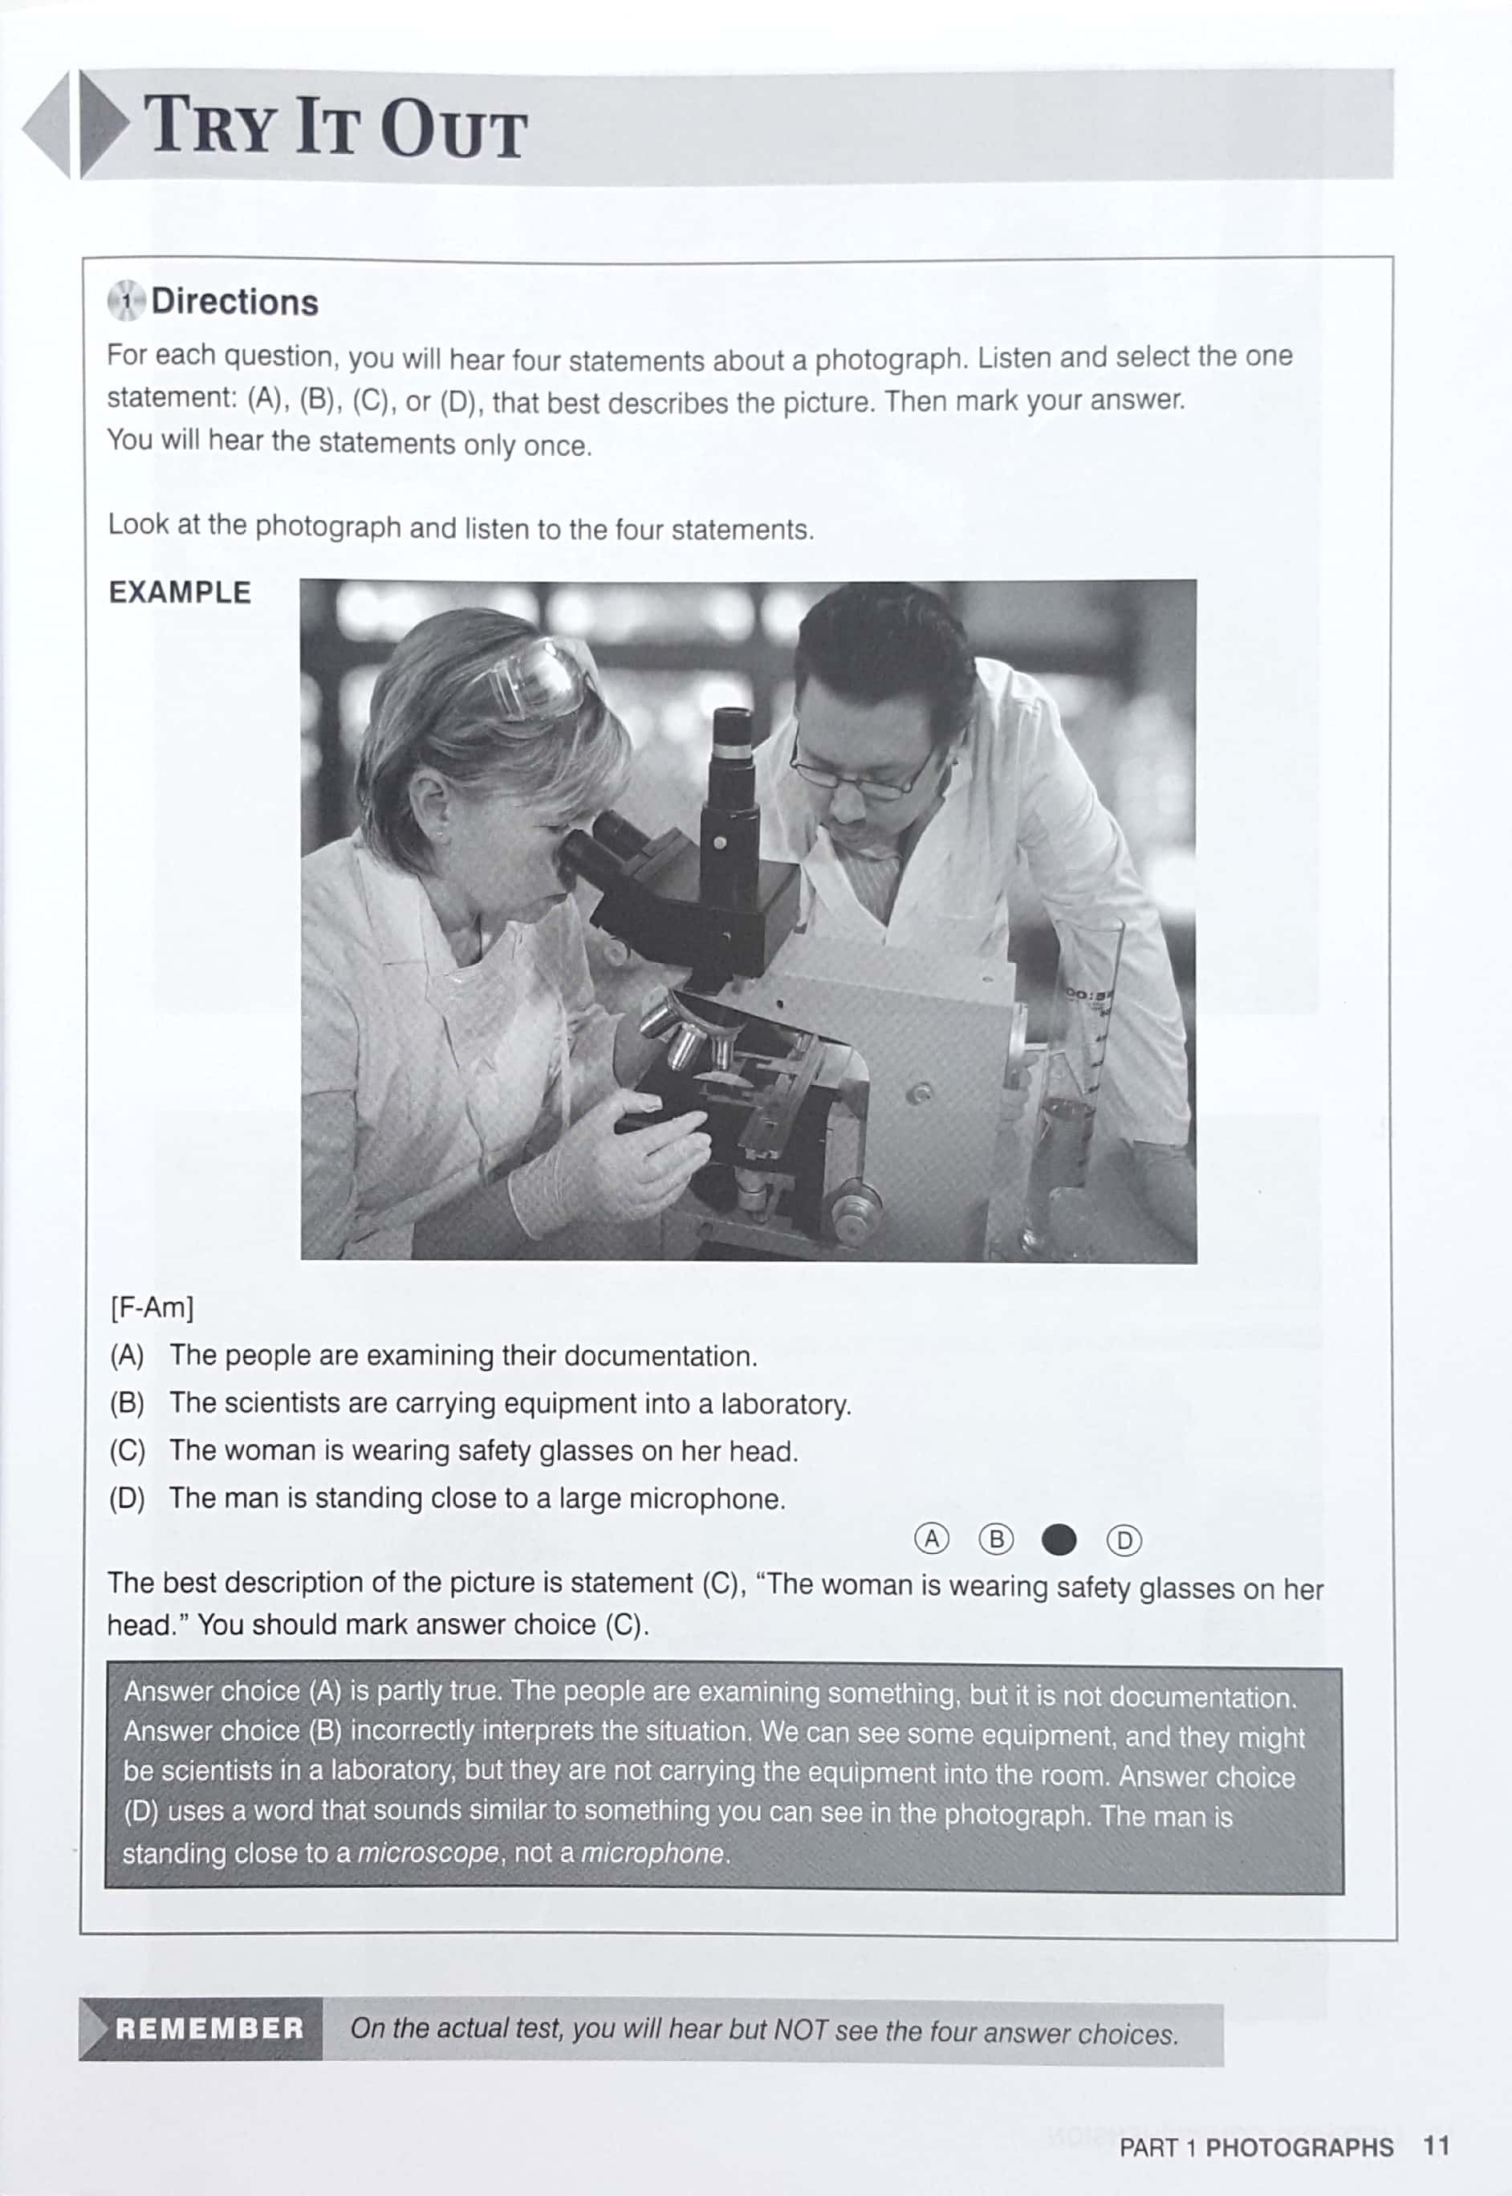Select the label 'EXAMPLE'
pos(179,593)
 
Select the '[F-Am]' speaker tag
pos(152,1308)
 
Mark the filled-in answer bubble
pos(1059,1539)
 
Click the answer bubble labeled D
pos(1124,1540)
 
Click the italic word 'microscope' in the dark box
pos(427,1852)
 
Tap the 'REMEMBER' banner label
pos(209,2028)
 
